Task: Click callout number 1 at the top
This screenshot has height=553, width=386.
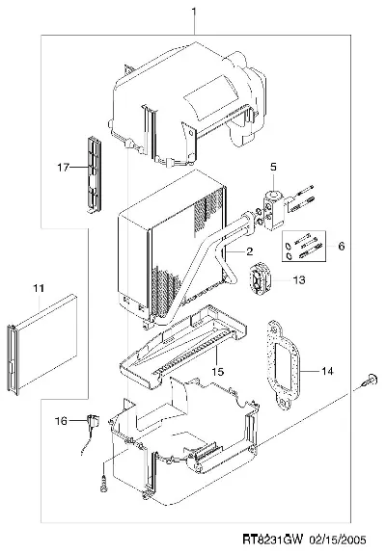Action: pyautogui.click(x=194, y=12)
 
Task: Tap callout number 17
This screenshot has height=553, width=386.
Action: pyautogui.click(x=64, y=168)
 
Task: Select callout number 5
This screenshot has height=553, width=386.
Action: pyautogui.click(x=274, y=167)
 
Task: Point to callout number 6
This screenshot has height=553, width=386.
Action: pyautogui.click(x=342, y=246)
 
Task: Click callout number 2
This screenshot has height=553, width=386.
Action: pyautogui.click(x=249, y=251)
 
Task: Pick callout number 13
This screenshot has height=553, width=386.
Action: pyautogui.click(x=299, y=280)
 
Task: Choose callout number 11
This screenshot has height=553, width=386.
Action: pyautogui.click(x=39, y=288)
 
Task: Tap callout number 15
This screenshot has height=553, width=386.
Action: pyautogui.click(x=218, y=371)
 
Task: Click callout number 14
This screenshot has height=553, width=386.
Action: pyautogui.click(x=327, y=371)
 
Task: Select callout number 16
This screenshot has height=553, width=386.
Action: pyautogui.click(x=61, y=421)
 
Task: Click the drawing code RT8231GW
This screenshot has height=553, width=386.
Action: pyautogui.click(x=273, y=540)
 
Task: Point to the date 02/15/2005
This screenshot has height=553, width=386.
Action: pyautogui.click(x=338, y=540)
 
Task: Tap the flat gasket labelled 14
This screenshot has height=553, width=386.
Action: pyautogui.click(x=285, y=365)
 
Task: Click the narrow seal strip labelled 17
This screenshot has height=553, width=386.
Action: pyautogui.click(x=94, y=174)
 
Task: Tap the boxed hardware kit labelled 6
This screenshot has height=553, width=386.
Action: pyautogui.click(x=304, y=246)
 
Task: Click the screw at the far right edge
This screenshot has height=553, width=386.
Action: pyautogui.click(x=370, y=381)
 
